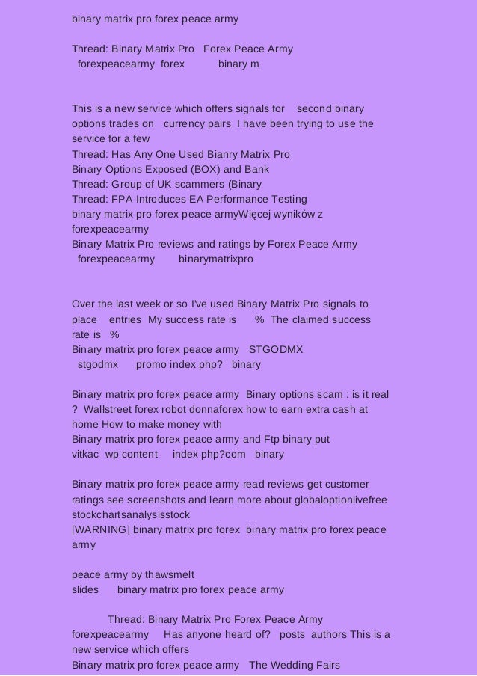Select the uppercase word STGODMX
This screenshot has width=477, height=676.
coord(275,350)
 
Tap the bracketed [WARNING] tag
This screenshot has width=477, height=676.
coord(99,530)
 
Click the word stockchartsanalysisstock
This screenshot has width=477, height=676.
coord(131,515)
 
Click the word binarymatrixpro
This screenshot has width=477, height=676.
coord(216,259)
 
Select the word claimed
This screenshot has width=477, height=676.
coord(314,320)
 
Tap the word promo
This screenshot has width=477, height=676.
coord(151,365)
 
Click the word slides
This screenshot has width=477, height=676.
coord(85,590)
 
